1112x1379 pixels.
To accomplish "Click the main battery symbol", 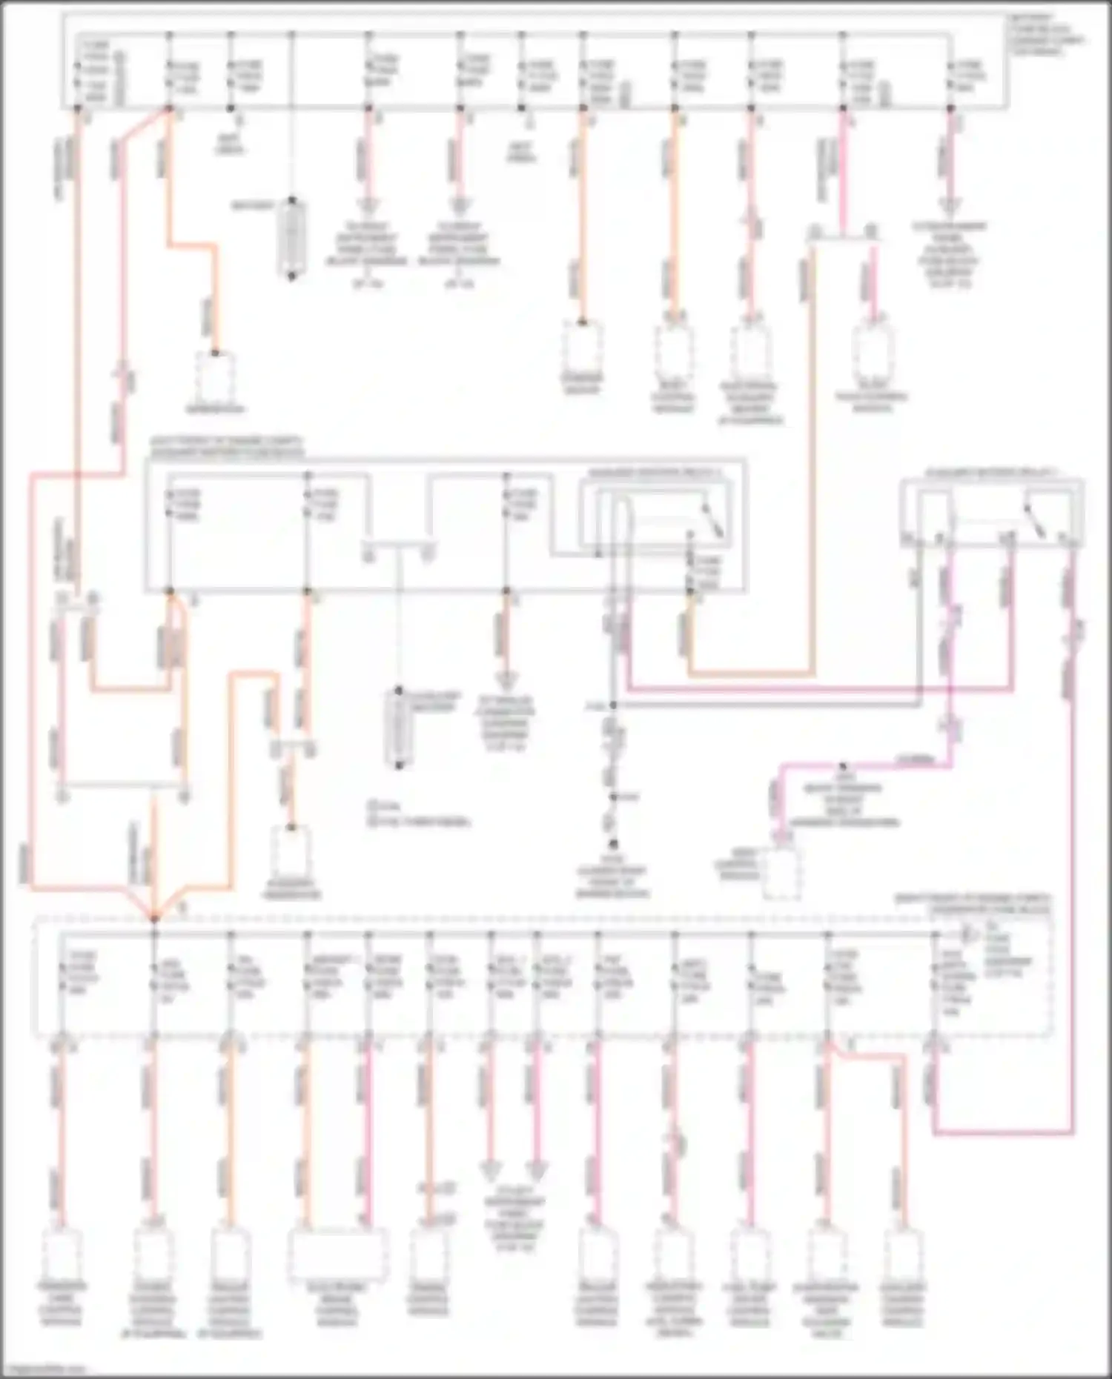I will point(291,239).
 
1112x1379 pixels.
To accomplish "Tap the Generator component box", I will point(215,375).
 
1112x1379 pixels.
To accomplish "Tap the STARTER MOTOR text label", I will point(582,383).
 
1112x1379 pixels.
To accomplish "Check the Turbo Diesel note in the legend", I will point(423,822).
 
